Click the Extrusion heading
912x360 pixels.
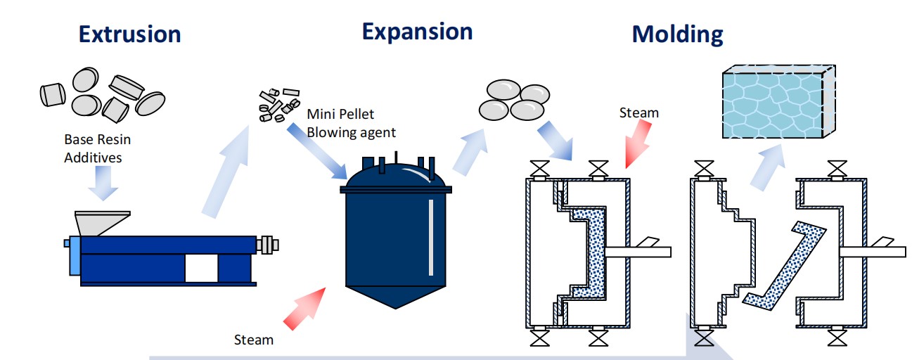(129, 34)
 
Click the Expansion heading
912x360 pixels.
(417, 31)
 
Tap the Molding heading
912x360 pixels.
(677, 34)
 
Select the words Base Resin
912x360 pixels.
(97, 139)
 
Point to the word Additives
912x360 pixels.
(93, 157)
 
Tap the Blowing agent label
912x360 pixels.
(352, 131)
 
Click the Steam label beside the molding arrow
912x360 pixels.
(639, 112)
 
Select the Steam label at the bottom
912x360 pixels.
(254, 340)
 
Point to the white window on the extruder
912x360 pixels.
(201, 269)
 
